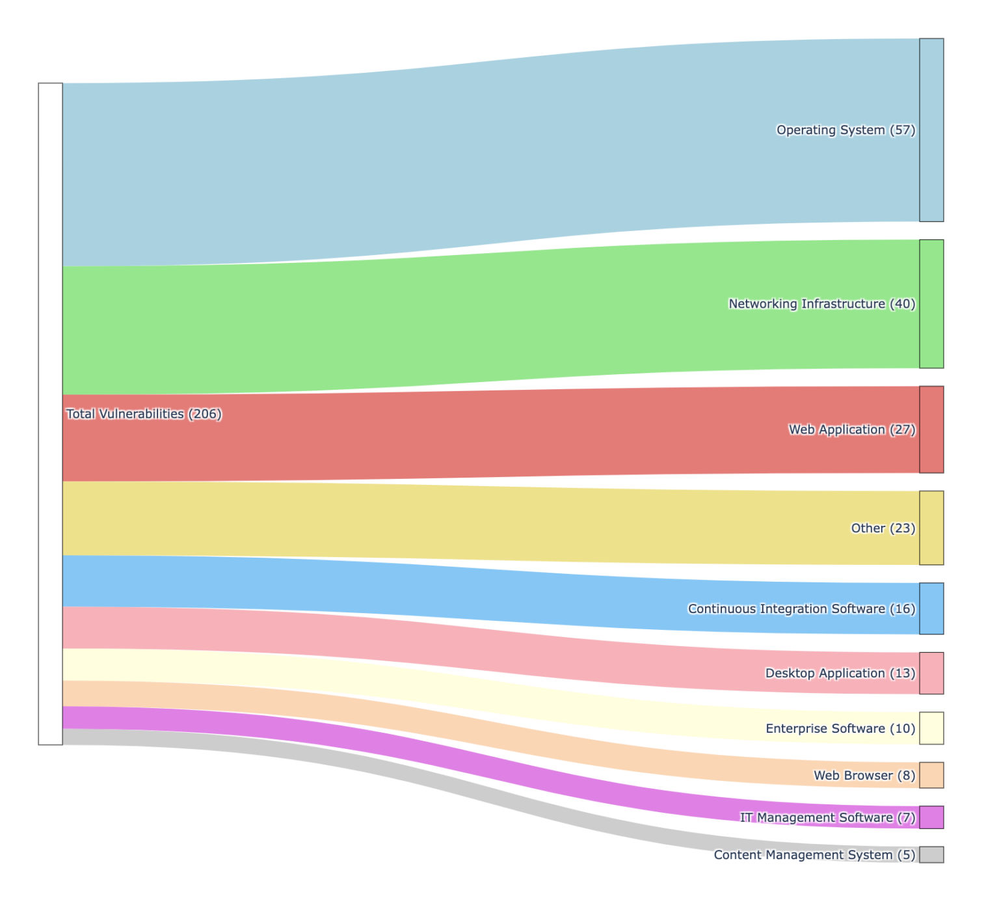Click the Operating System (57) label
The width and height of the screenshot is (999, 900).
tap(846, 130)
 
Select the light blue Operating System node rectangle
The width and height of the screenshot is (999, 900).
tap(931, 130)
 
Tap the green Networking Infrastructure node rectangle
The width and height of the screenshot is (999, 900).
tap(931, 304)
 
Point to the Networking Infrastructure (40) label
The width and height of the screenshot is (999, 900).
tap(821, 304)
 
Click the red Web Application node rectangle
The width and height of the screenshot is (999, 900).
tap(931, 430)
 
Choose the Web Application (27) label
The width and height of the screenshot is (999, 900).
tap(851, 430)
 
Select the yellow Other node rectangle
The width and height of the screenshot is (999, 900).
tap(931, 528)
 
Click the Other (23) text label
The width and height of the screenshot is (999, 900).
tap(883, 528)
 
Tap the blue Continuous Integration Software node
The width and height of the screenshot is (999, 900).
tap(931, 608)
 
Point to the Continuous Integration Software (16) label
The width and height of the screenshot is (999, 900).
tap(801, 609)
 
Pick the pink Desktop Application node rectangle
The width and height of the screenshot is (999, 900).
tap(931, 673)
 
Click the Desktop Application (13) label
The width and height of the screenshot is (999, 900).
tap(840, 674)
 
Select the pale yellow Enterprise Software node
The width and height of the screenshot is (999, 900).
tap(931, 728)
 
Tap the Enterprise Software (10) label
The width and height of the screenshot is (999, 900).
tap(840, 729)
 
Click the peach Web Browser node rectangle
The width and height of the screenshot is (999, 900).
tap(931, 775)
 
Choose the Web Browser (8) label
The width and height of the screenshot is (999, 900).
tap(864, 776)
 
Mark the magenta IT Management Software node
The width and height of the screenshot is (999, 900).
tap(931, 817)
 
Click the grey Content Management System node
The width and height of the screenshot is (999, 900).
tap(931, 854)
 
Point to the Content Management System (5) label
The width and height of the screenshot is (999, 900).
tap(814, 855)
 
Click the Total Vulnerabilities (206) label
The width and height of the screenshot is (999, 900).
tap(144, 414)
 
